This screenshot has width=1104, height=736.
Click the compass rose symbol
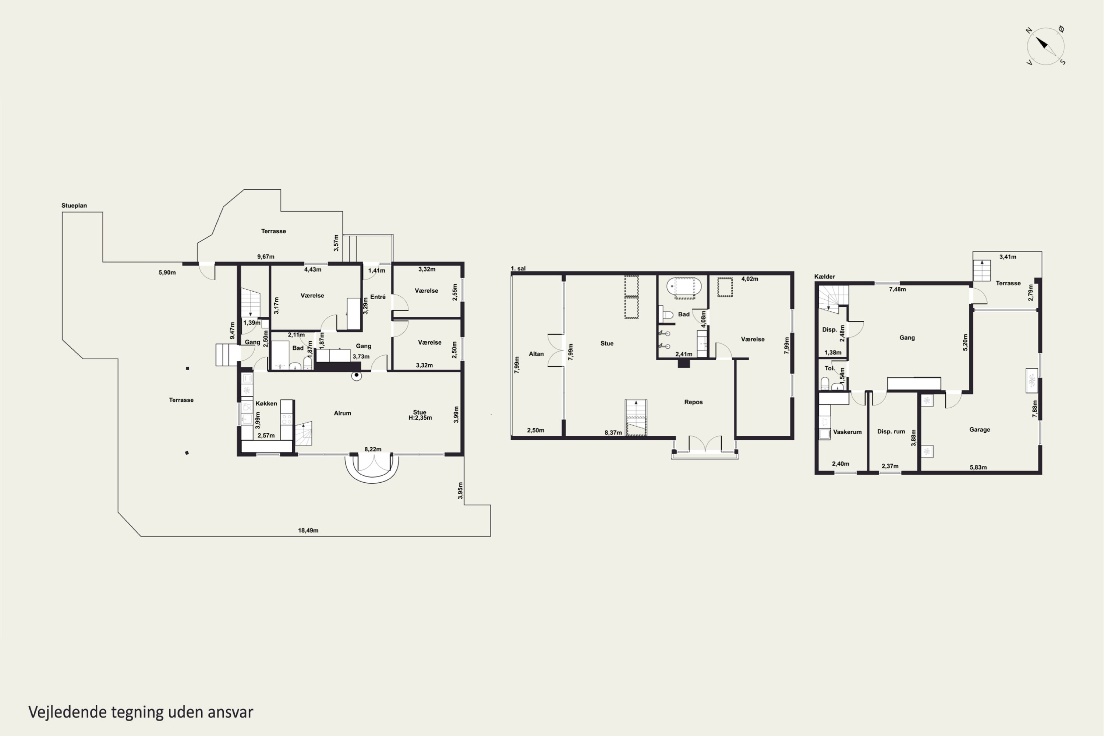click(x=1045, y=46)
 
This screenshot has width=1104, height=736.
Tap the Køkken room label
click(x=266, y=403)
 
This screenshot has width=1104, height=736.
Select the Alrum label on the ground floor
click(x=343, y=413)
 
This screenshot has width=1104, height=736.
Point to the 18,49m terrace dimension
click(x=308, y=531)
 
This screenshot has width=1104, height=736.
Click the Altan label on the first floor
click(x=536, y=354)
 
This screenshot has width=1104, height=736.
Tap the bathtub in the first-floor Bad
click(x=684, y=286)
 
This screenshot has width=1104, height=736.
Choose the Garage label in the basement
click(x=980, y=430)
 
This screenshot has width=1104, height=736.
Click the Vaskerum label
click(x=848, y=432)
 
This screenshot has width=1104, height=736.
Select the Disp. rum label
click(x=891, y=432)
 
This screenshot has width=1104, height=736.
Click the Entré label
click(x=378, y=297)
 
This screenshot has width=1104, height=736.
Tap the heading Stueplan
click(x=74, y=205)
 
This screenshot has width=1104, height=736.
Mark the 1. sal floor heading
click(x=518, y=268)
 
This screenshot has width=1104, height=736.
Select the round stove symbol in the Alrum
click(x=357, y=376)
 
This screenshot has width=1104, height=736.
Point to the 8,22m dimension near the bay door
click(x=373, y=449)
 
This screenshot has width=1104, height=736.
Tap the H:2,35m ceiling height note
click(x=420, y=418)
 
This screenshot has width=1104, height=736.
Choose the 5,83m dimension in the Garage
click(x=978, y=467)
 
